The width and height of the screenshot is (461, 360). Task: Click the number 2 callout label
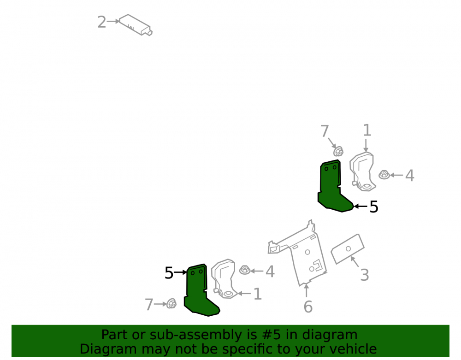click(x=101, y=22)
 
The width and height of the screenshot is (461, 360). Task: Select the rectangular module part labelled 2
click(x=136, y=25)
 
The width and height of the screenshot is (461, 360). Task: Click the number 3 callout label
click(x=365, y=275)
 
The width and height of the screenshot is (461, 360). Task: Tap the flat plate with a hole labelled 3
click(x=348, y=249)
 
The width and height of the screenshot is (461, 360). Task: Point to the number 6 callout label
click(x=308, y=307)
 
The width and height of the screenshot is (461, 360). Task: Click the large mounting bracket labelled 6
click(x=306, y=259)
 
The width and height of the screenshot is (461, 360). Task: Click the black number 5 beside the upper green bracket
click(x=374, y=207)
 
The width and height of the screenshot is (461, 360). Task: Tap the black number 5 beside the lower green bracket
click(x=169, y=273)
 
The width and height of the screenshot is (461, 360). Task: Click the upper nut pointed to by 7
click(x=338, y=151)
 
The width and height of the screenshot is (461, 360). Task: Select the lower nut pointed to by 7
click(x=171, y=304)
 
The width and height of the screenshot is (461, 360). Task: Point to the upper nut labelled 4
click(x=384, y=175)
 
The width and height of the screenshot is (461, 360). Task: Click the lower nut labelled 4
click(x=245, y=270)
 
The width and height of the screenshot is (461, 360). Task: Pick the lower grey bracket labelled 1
click(x=224, y=279)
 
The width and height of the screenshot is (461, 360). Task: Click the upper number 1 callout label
click(x=367, y=130)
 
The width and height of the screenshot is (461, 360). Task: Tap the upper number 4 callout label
click(x=409, y=176)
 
